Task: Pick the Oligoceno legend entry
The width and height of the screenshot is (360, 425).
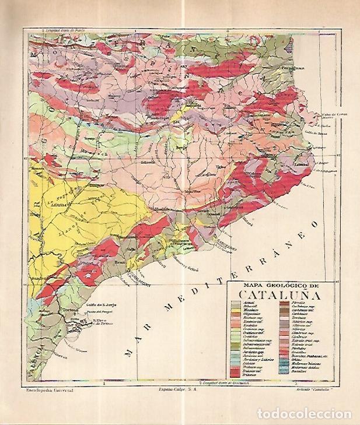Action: (x=251, y=315)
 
